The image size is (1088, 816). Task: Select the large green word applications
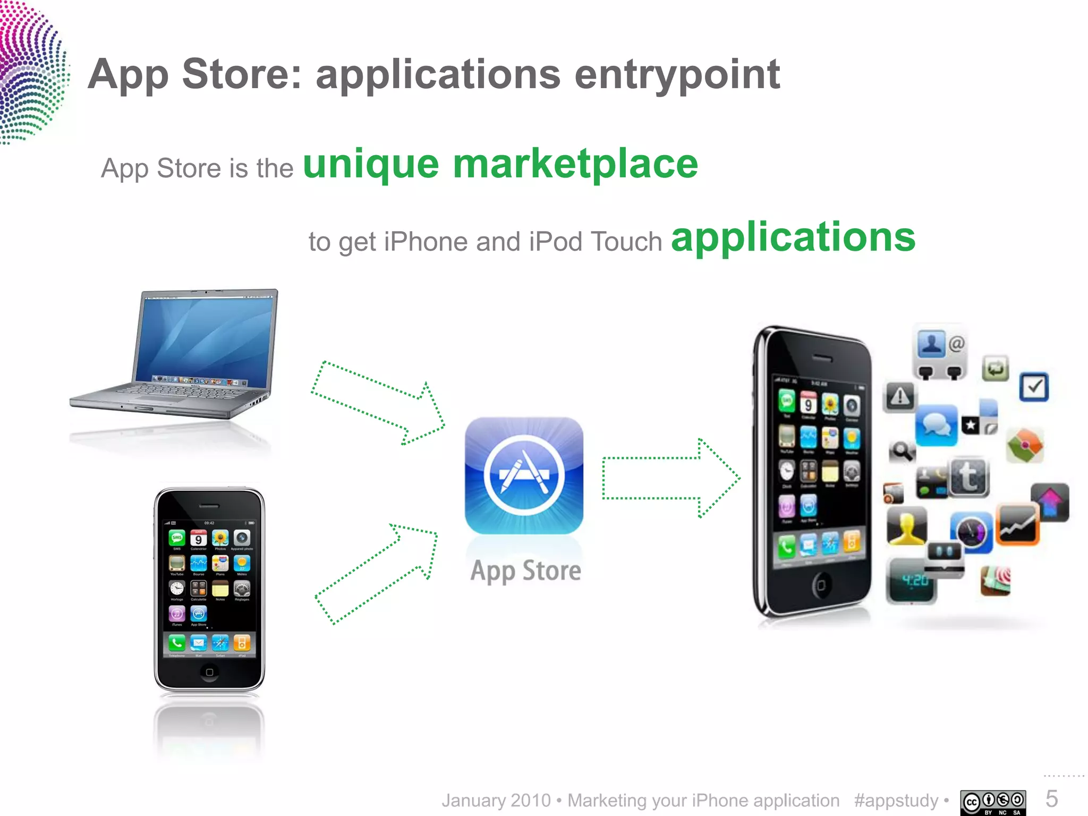[x=793, y=237]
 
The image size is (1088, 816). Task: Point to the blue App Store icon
[x=524, y=475]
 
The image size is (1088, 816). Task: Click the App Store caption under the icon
[x=525, y=571]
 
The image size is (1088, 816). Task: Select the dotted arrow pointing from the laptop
[x=378, y=402]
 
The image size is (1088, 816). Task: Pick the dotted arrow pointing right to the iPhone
[x=670, y=478]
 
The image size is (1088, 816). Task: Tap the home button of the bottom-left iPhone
[x=209, y=672]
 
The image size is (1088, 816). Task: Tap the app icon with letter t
[x=968, y=477]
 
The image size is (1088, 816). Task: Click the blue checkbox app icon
[x=1033, y=387]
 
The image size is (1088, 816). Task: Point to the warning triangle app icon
[x=899, y=396]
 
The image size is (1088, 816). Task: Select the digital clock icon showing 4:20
[x=910, y=581]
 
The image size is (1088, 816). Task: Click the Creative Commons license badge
[x=993, y=802]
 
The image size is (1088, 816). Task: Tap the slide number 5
[x=1052, y=799]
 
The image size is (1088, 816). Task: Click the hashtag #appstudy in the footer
[x=896, y=801]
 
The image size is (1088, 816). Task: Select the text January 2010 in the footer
[x=496, y=801]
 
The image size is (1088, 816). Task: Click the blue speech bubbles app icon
[x=936, y=425]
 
